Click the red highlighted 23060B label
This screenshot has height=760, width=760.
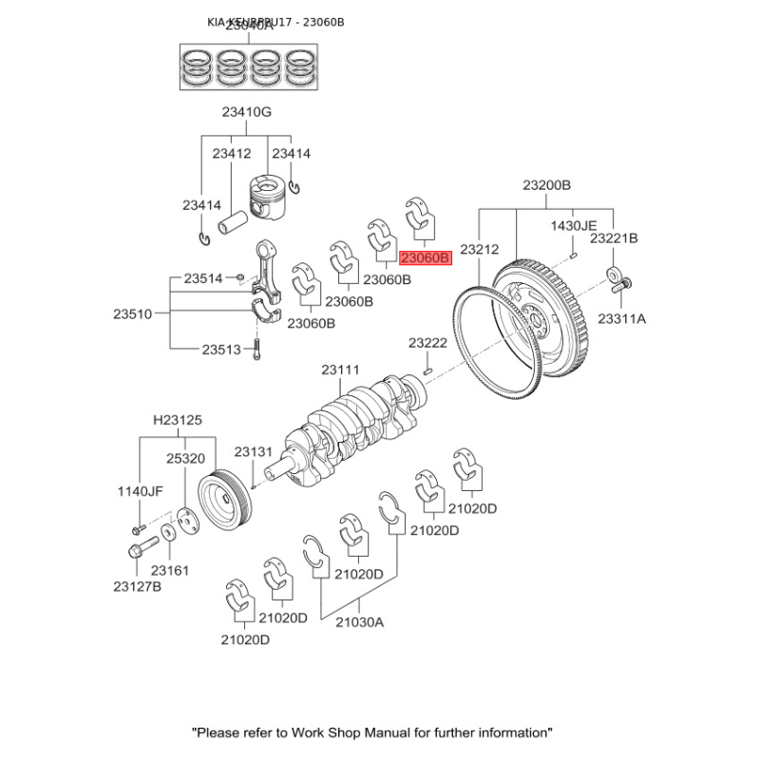(x=425, y=257)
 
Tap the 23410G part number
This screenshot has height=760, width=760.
(x=247, y=112)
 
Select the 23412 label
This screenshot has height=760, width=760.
(x=232, y=153)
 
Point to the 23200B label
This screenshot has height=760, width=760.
(x=546, y=185)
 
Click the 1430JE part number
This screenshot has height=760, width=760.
(x=575, y=225)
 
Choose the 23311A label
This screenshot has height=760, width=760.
(x=621, y=318)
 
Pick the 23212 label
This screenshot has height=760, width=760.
(x=479, y=249)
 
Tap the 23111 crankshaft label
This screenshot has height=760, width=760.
(x=340, y=370)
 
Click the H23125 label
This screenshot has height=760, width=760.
(x=178, y=420)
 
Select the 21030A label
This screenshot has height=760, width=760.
(x=359, y=622)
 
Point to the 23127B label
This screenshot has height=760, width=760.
(x=138, y=586)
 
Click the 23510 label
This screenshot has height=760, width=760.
(x=133, y=313)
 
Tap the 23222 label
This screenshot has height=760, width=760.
(x=427, y=342)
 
